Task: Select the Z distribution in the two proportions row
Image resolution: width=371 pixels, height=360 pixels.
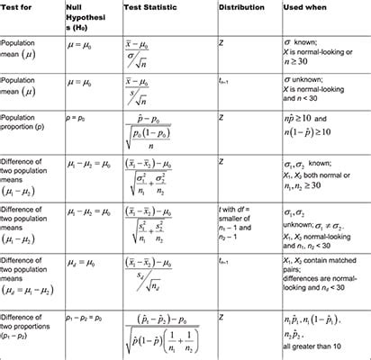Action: pos(222,317)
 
